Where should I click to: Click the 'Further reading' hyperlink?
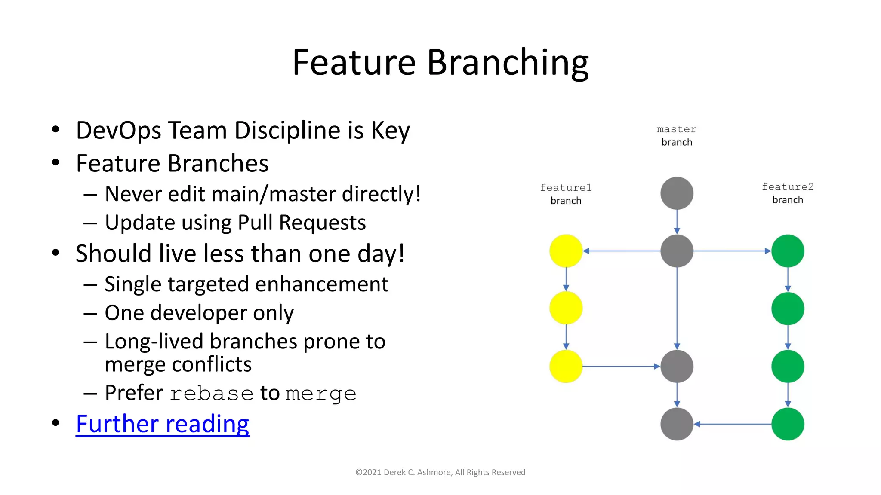click(162, 424)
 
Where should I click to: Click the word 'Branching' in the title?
click(508, 63)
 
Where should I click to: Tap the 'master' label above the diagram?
click(676, 129)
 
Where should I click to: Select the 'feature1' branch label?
click(566, 188)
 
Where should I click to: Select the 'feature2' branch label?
click(787, 187)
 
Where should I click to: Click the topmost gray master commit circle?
click(677, 193)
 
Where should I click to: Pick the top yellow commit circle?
click(566, 251)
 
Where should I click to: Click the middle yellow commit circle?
click(566, 308)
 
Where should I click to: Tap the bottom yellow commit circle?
click(566, 367)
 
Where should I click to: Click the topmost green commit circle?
click(788, 251)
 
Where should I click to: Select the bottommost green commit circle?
click(788, 424)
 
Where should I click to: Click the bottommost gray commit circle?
click(677, 424)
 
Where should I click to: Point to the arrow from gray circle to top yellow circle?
click(622, 251)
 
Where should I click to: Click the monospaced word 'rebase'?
click(211, 394)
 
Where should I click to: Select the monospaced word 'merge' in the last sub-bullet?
click(321, 394)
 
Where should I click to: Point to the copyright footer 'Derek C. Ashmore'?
click(417, 472)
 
